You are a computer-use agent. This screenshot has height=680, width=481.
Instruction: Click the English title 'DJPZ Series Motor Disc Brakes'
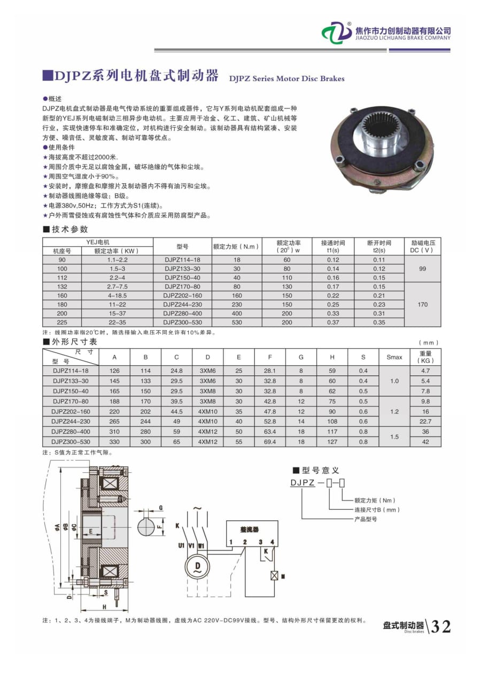[286, 79]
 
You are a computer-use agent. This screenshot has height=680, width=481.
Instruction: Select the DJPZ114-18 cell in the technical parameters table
[182, 260]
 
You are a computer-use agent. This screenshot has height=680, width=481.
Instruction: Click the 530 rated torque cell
[237, 323]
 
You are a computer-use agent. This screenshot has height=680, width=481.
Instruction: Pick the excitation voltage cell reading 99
[423, 269]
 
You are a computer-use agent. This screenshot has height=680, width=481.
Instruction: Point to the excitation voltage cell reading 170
[423, 304]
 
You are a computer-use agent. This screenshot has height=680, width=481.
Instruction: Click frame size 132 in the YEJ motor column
[62, 287]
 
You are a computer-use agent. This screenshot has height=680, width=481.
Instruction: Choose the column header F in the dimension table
[270, 357]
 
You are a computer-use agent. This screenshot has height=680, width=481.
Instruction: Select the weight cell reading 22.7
[425, 421]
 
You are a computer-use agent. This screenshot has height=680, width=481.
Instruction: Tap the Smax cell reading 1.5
[394, 436]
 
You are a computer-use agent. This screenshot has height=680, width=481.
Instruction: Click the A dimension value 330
[115, 442]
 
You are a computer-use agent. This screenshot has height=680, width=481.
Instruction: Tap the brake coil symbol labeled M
[274, 576]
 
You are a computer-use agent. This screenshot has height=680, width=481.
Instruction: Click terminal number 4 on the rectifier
[272, 542]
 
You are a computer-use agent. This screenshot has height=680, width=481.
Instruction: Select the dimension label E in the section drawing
[91, 532]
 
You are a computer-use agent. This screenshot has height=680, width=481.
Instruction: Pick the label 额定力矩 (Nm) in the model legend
[374, 501]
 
